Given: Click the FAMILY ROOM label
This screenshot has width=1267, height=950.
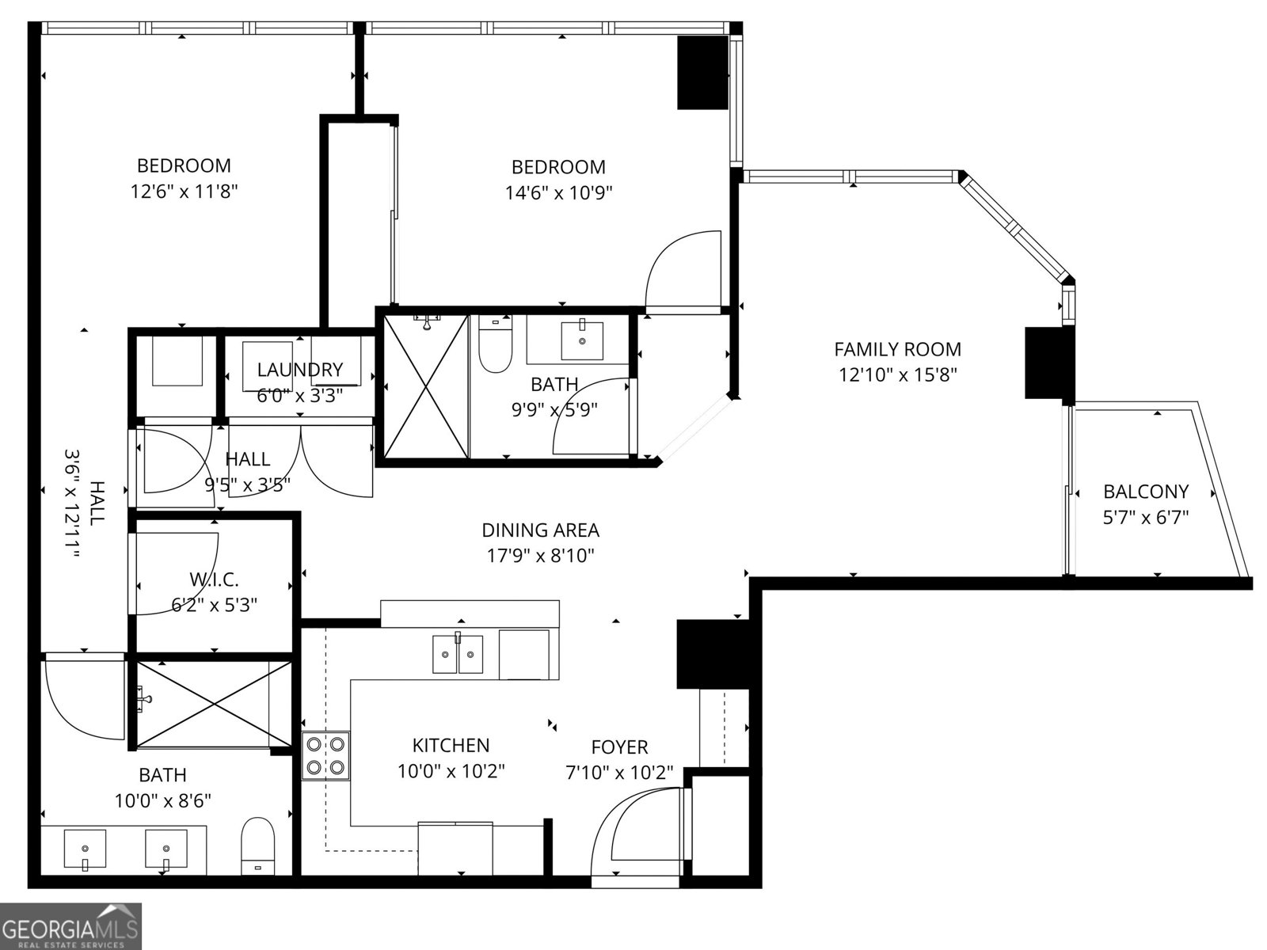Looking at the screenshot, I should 897,349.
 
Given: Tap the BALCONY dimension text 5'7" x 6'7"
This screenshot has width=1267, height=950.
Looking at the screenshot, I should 1146,518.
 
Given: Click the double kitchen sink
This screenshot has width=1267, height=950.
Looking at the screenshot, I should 458,654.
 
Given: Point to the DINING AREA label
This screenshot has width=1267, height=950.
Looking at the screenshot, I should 540,530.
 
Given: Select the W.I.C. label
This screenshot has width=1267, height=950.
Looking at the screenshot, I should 214,579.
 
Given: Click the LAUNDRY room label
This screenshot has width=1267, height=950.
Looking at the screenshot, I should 299,370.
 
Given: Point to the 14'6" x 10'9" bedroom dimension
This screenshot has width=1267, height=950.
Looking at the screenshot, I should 558,192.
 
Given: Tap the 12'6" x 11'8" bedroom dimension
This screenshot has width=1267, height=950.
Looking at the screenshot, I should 184,191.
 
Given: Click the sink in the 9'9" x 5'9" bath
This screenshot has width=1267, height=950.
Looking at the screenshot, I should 582,339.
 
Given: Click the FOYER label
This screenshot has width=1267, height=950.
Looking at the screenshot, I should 619,747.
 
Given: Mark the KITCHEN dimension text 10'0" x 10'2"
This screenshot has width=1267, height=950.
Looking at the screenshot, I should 451,771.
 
